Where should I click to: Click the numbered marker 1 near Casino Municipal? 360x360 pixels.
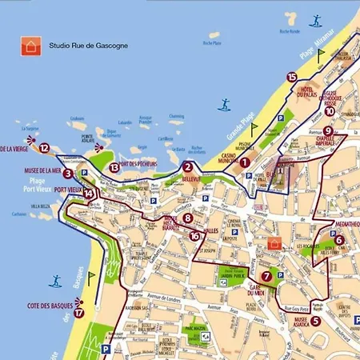tap(245, 161)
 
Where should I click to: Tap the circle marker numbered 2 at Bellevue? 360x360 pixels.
tap(187, 167)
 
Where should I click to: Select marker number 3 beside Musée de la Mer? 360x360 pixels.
tap(68, 173)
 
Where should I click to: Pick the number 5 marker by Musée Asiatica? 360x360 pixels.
tap(315, 321)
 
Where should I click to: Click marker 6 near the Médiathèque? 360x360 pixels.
tap(339, 239)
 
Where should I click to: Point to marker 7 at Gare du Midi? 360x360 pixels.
tap(266, 276)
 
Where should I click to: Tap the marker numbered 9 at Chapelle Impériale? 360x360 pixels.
tap(328, 130)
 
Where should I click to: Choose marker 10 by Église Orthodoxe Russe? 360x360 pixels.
tap(330, 111)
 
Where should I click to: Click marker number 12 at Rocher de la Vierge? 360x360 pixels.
tap(44, 147)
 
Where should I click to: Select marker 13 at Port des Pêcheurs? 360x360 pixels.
tap(114, 167)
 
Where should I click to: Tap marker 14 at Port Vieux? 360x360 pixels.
tap(90, 193)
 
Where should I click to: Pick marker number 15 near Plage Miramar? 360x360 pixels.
tap(291, 77)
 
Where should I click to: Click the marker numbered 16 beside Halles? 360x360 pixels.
tap(194, 235)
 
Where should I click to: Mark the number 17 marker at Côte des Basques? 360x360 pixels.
tap(78, 313)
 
